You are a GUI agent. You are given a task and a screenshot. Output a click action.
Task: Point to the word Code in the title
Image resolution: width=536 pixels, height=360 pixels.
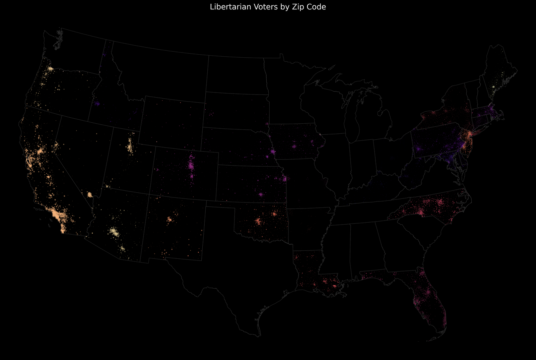tap(317, 7)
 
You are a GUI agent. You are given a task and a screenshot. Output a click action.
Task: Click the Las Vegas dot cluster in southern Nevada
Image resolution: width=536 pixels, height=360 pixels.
tap(89, 194)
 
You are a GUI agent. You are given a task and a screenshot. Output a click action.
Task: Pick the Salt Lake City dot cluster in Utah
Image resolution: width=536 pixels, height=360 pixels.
tap(130, 147)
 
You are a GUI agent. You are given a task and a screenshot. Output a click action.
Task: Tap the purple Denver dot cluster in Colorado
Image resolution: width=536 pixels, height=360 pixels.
tap(192, 166)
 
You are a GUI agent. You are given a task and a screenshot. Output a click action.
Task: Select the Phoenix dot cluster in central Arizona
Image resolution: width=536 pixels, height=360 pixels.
tap(114, 232)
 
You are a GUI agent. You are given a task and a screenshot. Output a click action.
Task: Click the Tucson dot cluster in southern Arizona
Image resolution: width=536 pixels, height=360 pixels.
tap(122, 248)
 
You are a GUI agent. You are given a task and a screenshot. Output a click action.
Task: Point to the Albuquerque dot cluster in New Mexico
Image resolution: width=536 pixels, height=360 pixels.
tap(170, 219)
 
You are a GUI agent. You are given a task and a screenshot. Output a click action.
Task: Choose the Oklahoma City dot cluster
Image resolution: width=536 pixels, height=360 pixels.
tap(258, 221)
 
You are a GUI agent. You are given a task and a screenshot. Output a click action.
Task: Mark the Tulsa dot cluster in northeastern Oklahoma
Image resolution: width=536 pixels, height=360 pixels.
tap(274, 214)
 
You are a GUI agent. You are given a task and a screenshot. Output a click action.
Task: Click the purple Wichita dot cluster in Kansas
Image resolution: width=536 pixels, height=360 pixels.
tap(261, 194)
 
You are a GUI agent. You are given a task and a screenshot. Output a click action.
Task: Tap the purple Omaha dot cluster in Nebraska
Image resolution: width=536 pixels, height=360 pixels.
tap(273, 152)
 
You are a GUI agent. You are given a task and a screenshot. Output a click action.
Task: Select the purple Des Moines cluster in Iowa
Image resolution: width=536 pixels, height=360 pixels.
tap(294, 146)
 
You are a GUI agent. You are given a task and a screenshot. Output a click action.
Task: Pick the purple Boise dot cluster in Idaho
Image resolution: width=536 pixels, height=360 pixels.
tap(97, 104)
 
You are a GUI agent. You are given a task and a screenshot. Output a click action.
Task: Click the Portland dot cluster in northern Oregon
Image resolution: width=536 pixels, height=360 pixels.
tap(50, 69)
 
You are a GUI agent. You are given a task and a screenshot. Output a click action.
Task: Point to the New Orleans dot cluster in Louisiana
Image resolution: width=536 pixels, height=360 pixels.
tap(335, 286)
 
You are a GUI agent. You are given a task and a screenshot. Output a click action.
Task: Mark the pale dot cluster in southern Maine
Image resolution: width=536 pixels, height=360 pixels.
tap(493, 87)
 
